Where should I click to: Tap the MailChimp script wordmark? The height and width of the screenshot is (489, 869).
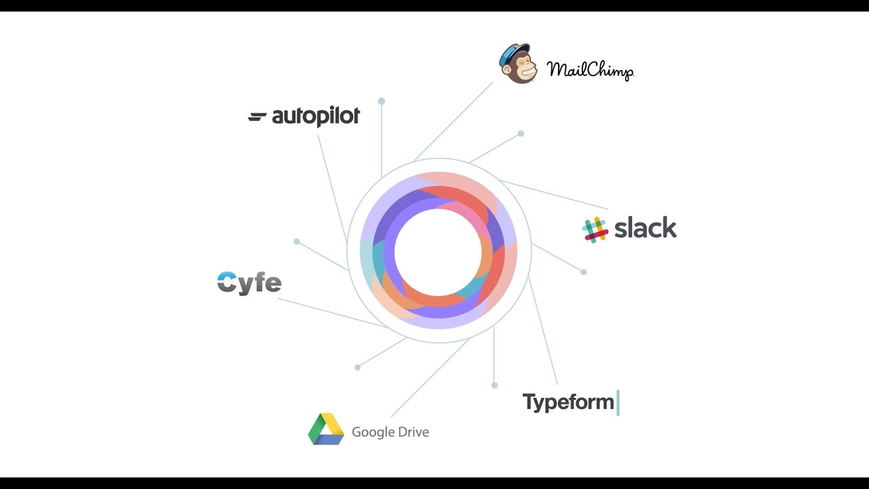click(x=590, y=70)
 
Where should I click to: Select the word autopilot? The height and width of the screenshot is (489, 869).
click(x=316, y=117)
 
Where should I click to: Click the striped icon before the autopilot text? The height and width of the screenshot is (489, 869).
click(x=257, y=117)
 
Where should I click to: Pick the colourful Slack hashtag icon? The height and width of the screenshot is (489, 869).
click(x=595, y=230)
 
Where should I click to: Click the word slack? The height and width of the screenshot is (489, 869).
click(x=645, y=228)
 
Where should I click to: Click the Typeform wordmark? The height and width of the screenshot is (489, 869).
click(x=568, y=402)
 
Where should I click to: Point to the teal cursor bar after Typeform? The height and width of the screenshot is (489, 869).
click(x=618, y=402)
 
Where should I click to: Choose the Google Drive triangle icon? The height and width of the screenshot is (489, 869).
click(x=326, y=429)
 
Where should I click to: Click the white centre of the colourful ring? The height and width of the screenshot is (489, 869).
click(x=438, y=252)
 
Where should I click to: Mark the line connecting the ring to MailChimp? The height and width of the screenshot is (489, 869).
click(x=453, y=122)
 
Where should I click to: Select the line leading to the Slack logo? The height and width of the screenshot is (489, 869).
click(x=553, y=194)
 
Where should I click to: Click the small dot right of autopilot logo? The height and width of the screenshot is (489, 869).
click(x=382, y=101)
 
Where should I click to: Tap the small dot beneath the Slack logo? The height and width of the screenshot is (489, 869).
click(x=583, y=272)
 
